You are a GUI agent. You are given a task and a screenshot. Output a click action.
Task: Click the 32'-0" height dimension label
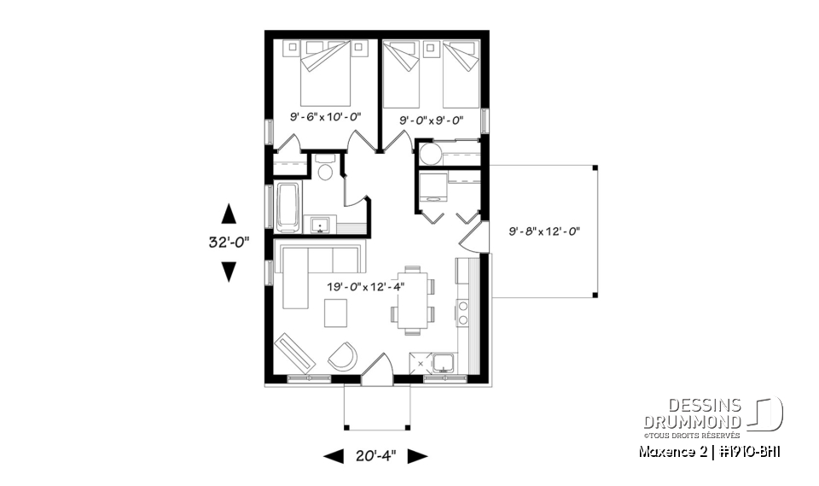pyautogui.click(x=228, y=242)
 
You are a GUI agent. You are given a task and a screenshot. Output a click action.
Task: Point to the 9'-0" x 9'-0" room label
pyautogui.click(x=432, y=120)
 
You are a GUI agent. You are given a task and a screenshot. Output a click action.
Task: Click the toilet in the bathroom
pyautogui.click(x=324, y=170)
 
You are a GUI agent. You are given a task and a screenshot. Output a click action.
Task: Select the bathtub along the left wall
pyautogui.click(x=288, y=207)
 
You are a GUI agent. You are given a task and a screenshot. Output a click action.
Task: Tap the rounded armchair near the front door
pyautogui.click(x=344, y=356)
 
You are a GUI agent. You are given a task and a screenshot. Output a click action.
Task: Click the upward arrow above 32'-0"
pyautogui.click(x=228, y=213)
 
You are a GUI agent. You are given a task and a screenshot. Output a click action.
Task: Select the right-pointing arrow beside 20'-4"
pyautogui.click(x=416, y=457)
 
